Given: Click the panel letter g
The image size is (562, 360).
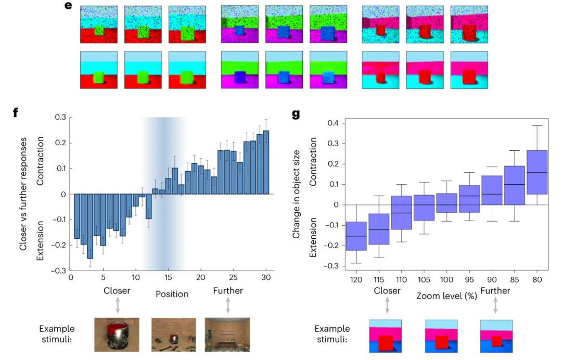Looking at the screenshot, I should point(296,113).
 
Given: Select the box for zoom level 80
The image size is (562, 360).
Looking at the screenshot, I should point(537,172).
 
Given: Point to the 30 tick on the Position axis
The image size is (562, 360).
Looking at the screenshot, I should point(266,278).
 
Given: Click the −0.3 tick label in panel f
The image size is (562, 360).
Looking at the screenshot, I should point(58,271).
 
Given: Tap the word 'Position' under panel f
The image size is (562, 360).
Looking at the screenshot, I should point(172,294).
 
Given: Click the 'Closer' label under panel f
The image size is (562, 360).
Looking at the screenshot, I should point(117,290).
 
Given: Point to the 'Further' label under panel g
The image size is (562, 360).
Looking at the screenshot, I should point(495,290).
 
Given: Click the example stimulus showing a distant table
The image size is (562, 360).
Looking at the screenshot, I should point(227,335).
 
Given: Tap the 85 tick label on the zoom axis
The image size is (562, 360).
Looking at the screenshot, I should point(515,279).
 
